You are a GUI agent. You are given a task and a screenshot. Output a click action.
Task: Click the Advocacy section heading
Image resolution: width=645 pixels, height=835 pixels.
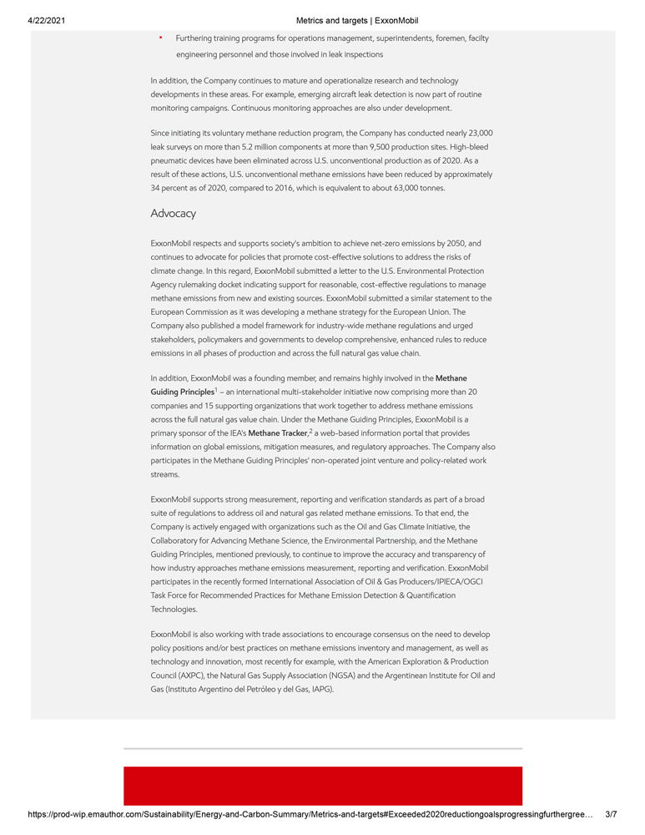[x=173, y=214]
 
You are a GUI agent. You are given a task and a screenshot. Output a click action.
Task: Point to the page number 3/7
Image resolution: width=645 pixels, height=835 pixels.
[x=612, y=813]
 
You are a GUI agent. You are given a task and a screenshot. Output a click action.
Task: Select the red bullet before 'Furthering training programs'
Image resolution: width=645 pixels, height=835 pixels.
[x=160, y=38]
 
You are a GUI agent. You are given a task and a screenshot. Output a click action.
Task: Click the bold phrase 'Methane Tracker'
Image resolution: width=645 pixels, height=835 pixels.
[x=278, y=433]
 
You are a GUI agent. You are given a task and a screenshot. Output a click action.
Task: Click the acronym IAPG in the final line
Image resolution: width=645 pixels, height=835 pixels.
[x=320, y=690]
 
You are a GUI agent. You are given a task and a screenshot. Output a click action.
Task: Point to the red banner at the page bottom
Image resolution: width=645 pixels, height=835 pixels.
[x=323, y=786]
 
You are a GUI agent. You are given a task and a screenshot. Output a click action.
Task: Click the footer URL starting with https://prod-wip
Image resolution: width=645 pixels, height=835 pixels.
[x=309, y=813]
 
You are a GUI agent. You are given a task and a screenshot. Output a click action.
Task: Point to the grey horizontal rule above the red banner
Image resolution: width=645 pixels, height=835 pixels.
[x=323, y=748]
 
